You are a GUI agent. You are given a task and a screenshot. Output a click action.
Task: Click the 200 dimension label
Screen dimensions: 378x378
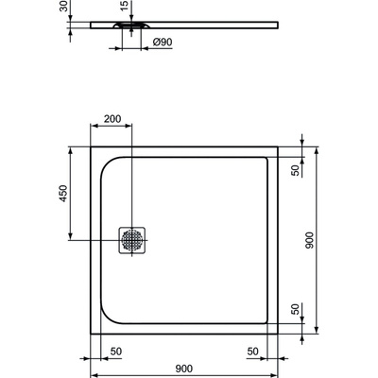tap(113, 119)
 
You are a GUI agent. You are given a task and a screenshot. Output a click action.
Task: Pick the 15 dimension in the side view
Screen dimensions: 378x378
tap(124, 8)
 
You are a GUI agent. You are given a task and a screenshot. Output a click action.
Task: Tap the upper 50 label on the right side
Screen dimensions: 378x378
tap(295, 170)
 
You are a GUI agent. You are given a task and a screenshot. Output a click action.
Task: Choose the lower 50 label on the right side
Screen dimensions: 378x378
tap(295, 309)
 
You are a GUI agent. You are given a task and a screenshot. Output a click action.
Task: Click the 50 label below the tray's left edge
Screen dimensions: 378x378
tap(115, 352)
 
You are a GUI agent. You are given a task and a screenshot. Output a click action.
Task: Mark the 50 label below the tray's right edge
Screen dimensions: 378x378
tap(253, 352)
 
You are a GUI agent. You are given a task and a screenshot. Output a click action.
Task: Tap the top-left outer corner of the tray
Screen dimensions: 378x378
tap(91, 146)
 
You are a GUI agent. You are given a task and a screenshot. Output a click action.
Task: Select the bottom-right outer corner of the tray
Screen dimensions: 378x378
tap(277, 333)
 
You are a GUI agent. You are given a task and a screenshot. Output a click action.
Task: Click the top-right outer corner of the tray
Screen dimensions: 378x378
tap(277, 146)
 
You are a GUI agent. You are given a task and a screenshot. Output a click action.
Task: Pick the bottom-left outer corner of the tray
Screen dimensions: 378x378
tap(91, 333)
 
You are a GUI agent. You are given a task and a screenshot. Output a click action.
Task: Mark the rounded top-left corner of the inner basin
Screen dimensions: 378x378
tap(107, 163)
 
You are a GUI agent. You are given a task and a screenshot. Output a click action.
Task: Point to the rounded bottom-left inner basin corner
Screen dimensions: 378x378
tap(107, 316)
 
